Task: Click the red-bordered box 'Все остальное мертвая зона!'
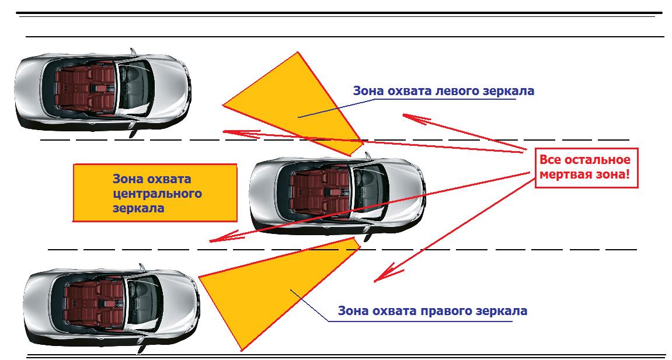[x=585, y=167]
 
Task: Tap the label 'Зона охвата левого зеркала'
[x=444, y=92]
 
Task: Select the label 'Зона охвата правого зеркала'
[x=433, y=310]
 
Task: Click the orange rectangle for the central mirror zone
[x=154, y=193]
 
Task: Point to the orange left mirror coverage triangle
[x=304, y=105]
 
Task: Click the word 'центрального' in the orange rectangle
[x=157, y=193]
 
